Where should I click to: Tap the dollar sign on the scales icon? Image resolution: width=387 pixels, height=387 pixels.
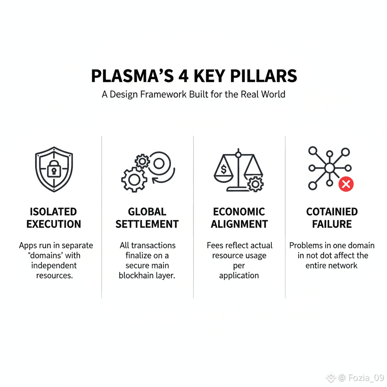tap(223, 170)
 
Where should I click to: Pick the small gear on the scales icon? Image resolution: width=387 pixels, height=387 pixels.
tap(256, 184)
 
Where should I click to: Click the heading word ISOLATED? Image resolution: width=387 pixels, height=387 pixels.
tap(53, 212)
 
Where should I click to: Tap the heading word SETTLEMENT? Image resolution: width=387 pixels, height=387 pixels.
tap(147, 224)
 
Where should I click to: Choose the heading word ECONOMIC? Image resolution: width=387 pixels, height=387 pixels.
tap(239, 212)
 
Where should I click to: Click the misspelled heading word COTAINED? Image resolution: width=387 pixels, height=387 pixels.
tap(332, 212)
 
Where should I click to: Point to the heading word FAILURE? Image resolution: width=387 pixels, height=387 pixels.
tap(332, 224)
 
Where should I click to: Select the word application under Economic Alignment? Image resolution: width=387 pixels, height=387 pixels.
tap(239, 276)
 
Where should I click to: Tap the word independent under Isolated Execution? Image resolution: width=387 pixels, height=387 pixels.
tap(54, 265)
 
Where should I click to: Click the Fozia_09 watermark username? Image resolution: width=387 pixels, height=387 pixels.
tap(366, 378)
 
